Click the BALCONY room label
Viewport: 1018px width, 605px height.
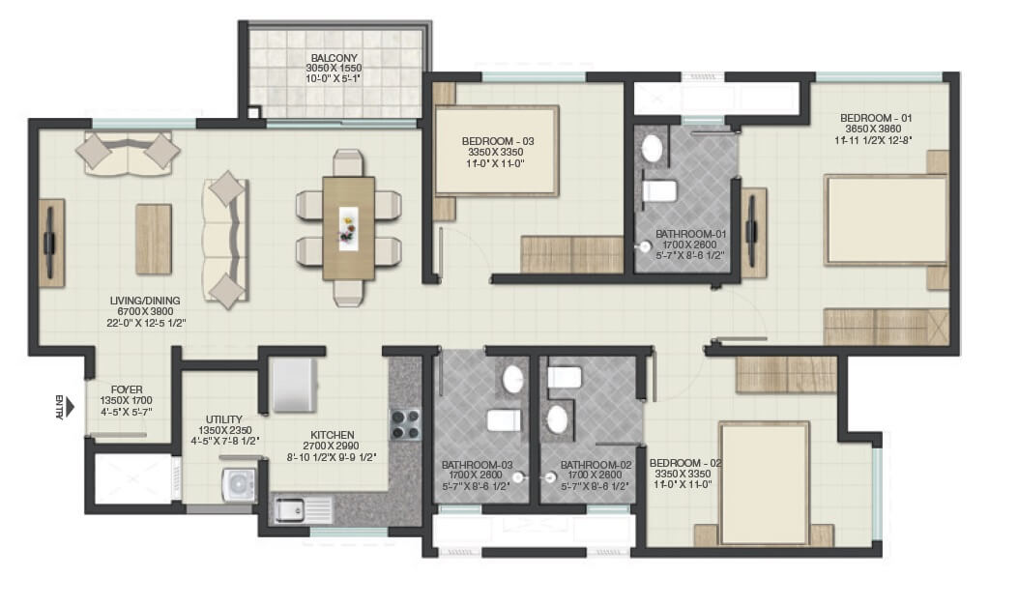pyautogui.click(x=332, y=57)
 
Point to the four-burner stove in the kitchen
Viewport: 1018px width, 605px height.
pyautogui.click(x=406, y=422)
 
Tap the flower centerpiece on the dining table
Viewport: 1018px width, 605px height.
pyautogui.click(x=348, y=227)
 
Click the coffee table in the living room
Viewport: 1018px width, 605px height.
pyautogui.click(x=153, y=239)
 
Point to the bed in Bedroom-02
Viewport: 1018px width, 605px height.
pyautogui.click(x=764, y=484)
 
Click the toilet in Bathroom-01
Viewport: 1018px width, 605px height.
pyautogui.click(x=659, y=189)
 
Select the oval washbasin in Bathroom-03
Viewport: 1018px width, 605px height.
pyautogui.click(x=512, y=379)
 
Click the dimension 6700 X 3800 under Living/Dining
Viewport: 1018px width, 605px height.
pyautogui.click(x=147, y=312)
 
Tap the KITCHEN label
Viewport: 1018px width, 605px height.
pyautogui.click(x=332, y=435)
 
